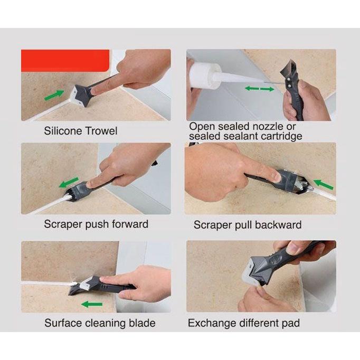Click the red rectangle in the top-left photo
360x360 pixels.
(x=65, y=61)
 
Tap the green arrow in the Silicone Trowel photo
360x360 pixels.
(x=54, y=95)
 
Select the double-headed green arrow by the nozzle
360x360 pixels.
(x=259, y=89)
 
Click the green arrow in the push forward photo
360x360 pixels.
(x=69, y=182)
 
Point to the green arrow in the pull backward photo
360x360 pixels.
(x=323, y=184)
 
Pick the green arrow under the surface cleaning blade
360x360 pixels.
(x=92, y=304)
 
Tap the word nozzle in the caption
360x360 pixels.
(x=268, y=127)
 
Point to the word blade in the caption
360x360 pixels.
(x=142, y=323)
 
